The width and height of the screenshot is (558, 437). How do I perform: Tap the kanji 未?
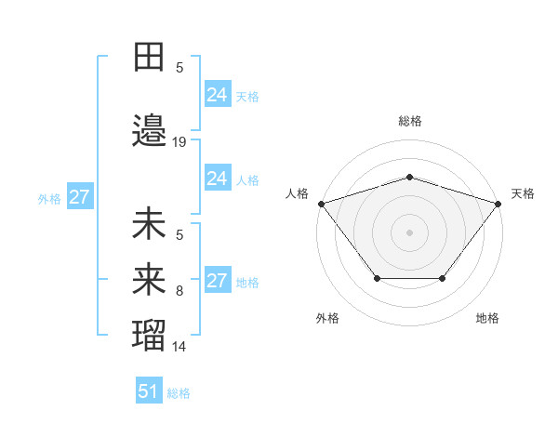point(149,225)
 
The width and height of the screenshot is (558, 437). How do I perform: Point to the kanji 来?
point(149,279)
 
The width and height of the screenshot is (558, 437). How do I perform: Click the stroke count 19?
point(179,142)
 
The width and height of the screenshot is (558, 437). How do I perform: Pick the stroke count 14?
point(179,347)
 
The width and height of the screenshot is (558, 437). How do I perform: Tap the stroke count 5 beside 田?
point(179,68)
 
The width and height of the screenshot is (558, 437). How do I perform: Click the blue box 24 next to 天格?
point(217,95)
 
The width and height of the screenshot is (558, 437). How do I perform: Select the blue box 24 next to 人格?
point(217,179)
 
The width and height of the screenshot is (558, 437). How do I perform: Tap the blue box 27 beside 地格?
point(217,281)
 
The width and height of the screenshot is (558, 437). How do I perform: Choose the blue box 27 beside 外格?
point(79,197)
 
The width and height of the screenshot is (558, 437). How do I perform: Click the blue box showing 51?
point(149,391)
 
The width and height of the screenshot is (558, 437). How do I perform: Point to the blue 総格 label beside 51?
point(179,393)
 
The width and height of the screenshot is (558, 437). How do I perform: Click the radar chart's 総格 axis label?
point(409,121)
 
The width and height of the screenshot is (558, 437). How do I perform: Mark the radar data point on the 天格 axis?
point(498,203)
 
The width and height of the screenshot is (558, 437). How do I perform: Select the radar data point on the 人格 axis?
point(321,203)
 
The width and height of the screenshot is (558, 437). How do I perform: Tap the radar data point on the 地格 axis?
point(443,278)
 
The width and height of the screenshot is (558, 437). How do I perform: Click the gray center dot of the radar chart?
point(409,232)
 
